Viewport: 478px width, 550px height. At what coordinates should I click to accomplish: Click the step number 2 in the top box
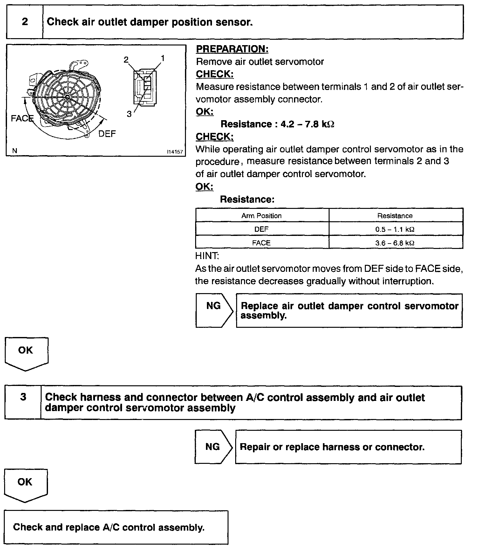click(x=25, y=22)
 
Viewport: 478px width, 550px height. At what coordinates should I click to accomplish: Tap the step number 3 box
click(x=23, y=403)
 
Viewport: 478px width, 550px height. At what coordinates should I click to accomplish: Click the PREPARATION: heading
click(x=232, y=49)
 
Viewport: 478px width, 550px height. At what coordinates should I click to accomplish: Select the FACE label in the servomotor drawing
click(x=22, y=118)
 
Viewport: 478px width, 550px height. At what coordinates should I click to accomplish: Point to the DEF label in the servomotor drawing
click(x=107, y=134)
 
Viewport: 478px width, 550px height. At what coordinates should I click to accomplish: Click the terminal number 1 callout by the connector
click(x=162, y=58)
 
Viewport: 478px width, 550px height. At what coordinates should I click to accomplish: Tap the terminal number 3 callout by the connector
click(x=129, y=114)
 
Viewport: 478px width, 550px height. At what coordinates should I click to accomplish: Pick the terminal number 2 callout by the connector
click(x=126, y=59)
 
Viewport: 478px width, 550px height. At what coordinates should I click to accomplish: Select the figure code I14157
click(x=175, y=152)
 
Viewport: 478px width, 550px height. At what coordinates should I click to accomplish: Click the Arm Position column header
click(x=262, y=216)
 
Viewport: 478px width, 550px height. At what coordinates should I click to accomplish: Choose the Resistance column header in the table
click(x=395, y=216)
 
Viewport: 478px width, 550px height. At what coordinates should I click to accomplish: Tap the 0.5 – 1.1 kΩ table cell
click(x=395, y=229)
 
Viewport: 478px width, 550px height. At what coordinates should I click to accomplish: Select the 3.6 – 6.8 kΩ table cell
click(x=395, y=243)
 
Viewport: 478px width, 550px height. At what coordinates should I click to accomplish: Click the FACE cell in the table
click(x=261, y=243)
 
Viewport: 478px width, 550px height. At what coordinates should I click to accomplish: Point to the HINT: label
click(x=207, y=256)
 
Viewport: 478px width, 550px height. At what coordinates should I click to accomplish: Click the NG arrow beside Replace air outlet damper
click(x=214, y=310)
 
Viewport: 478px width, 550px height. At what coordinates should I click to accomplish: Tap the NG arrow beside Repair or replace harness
click(x=213, y=447)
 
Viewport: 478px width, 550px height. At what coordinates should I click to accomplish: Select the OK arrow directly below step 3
click(x=25, y=485)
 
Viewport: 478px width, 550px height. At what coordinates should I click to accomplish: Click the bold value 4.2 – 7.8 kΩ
click(x=307, y=124)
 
